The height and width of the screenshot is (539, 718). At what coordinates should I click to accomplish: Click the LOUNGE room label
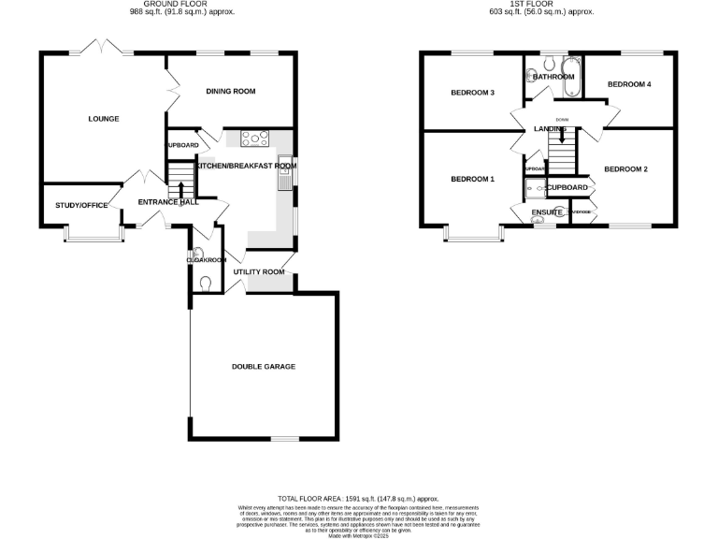(103, 119)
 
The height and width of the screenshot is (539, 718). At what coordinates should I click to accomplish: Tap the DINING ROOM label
(231, 91)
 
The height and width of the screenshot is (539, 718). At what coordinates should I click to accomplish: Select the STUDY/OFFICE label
(81, 205)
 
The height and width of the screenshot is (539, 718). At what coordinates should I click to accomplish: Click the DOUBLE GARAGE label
(264, 367)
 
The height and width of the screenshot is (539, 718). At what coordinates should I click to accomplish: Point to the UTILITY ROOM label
(259, 272)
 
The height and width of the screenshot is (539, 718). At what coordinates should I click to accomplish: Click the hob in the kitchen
(255, 140)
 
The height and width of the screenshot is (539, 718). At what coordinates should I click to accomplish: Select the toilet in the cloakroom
(206, 283)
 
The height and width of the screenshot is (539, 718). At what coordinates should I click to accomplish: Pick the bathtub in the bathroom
(571, 81)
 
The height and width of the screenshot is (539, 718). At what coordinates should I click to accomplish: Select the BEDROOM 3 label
(472, 93)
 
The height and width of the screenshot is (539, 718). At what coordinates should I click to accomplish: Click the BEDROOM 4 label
(628, 84)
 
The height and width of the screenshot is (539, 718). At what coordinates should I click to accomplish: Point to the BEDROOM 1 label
(472, 179)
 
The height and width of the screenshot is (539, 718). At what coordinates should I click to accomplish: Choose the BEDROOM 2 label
(625, 169)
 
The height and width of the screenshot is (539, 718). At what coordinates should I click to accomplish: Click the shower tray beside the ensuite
(534, 190)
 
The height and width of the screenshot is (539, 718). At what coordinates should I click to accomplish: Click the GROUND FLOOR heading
(181, 5)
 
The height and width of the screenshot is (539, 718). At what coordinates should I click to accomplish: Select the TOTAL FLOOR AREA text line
(358, 500)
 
